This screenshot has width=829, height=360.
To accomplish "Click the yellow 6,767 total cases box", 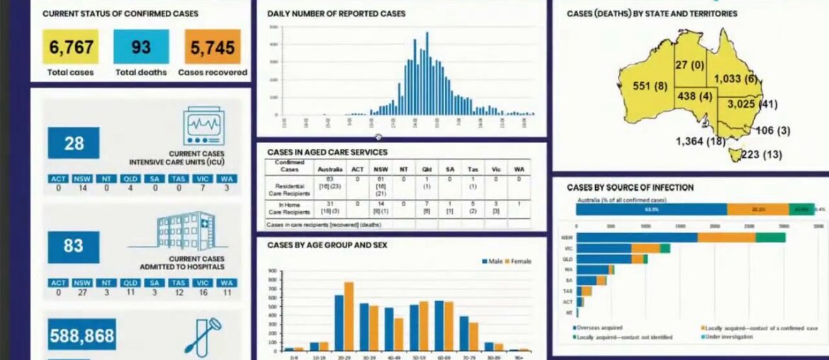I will [x=70, y=47].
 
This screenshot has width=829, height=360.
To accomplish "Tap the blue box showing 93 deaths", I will [x=141, y=47].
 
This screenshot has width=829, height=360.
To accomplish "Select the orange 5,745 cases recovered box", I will [x=213, y=47].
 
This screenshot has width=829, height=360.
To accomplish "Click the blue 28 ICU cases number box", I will [x=74, y=143].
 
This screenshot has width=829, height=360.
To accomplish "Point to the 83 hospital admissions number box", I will [x=74, y=247].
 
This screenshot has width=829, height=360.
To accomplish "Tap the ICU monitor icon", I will [x=203, y=126].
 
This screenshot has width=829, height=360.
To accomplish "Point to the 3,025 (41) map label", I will [x=751, y=105].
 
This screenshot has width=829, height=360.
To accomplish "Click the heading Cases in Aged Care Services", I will [x=327, y=152].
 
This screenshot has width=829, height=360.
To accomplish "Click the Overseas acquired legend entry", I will [x=599, y=327].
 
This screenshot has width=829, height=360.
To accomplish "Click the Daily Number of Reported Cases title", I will [x=336, y=13].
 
